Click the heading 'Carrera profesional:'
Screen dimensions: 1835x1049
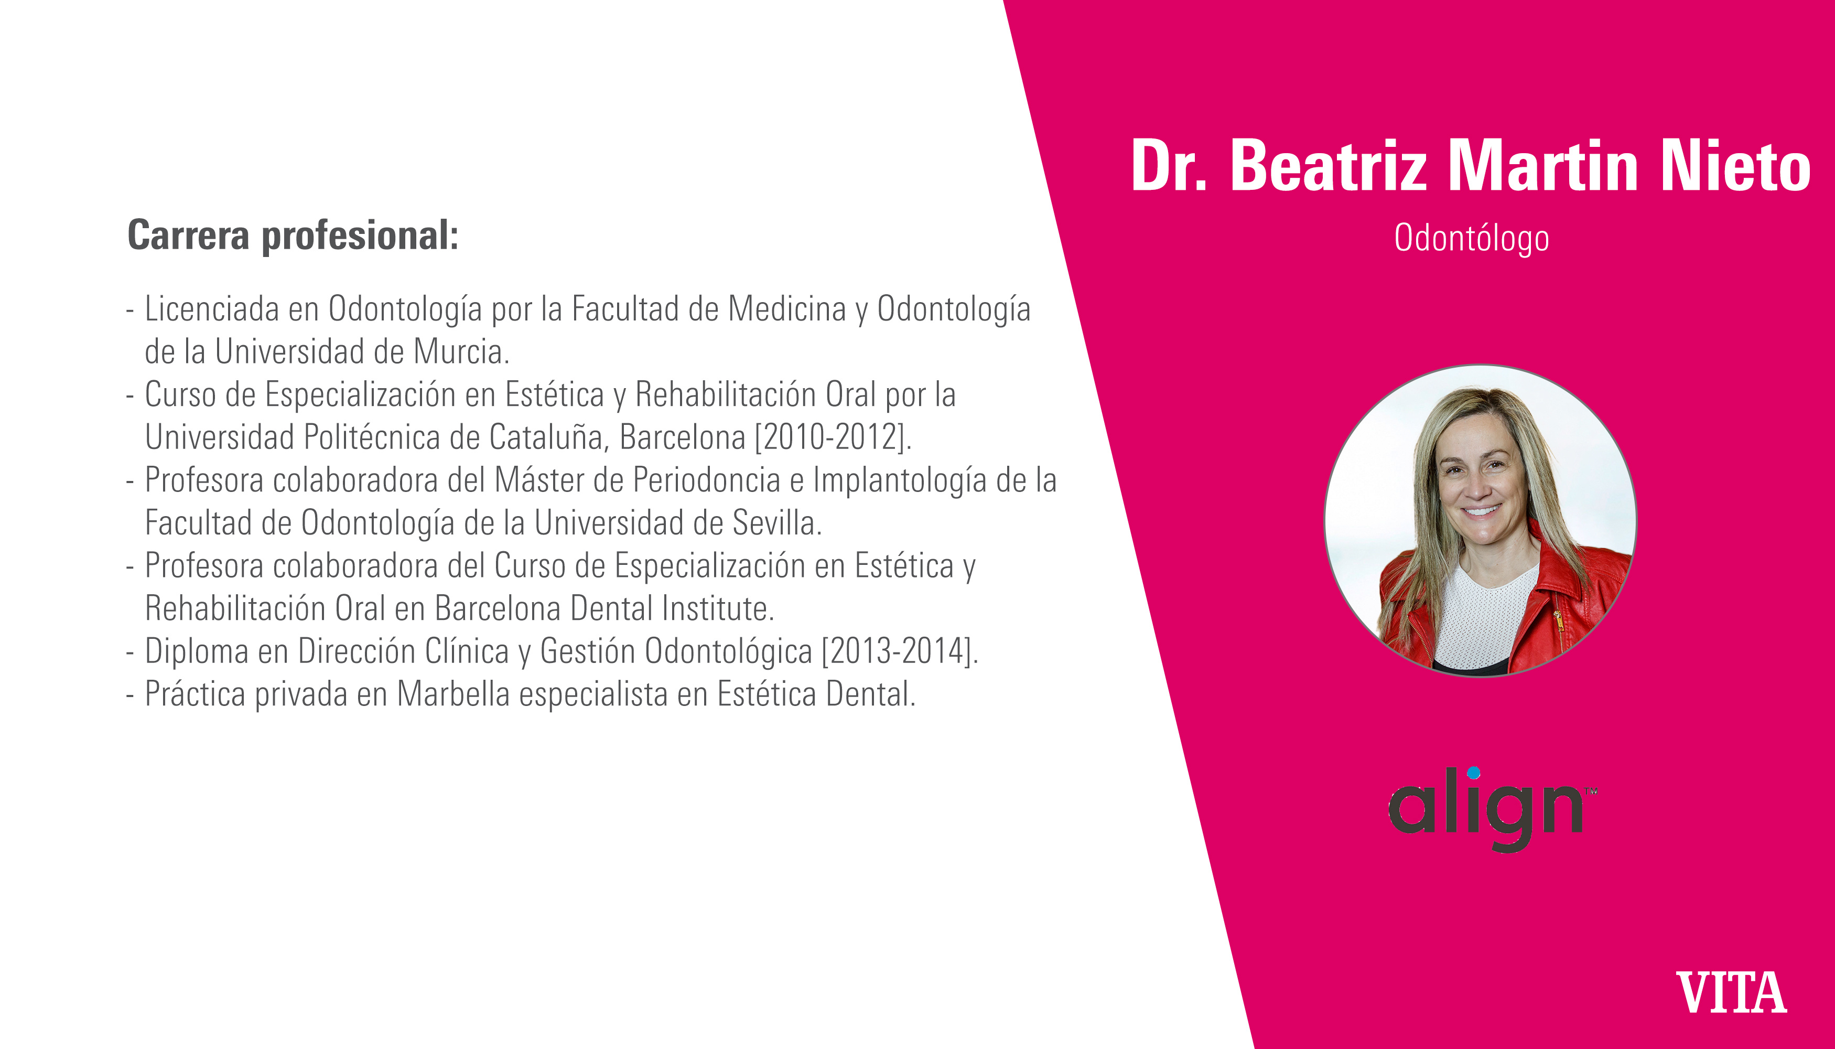[x=293, y=236]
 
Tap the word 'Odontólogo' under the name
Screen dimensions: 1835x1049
[x=1471, y=239]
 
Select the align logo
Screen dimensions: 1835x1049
[x=1492, y=809]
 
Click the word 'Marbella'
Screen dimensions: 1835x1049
[x=453, y=694]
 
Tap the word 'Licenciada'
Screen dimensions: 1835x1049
[x=212, y=309]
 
